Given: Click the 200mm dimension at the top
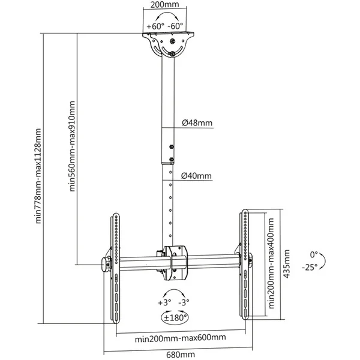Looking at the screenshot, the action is click(x=164, y=5).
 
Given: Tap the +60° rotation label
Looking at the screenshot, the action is click(x=155, y=26).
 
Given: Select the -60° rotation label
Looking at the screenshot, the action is click(x=175, y=26).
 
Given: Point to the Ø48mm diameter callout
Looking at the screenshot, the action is click(x=197, y=123).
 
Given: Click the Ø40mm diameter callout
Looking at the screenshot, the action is click(x=196, y=176).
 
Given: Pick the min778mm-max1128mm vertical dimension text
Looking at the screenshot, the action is click(x=38, y=176).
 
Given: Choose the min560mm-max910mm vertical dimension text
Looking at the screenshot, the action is click(x=72, y=146).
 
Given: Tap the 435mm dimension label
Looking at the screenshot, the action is click(x=287, y=264).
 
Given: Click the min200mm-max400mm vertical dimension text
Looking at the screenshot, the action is click(x=271, y=263).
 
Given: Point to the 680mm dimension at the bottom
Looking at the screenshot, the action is click(x=181, y=355).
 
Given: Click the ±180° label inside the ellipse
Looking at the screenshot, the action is click(x=175, y=318).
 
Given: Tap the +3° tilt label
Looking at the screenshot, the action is click(x=164, y=302).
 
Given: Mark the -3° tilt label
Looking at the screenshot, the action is click(x=184, y=302).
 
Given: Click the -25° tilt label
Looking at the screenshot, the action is click(x=310, y=267).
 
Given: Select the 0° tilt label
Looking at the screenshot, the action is click(x=314, y=254).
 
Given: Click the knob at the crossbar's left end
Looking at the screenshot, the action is click(x=106, y=265).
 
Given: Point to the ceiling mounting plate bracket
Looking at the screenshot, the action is click(x=168, y=44).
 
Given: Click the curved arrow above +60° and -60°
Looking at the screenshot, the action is click(x=167, y=13).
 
